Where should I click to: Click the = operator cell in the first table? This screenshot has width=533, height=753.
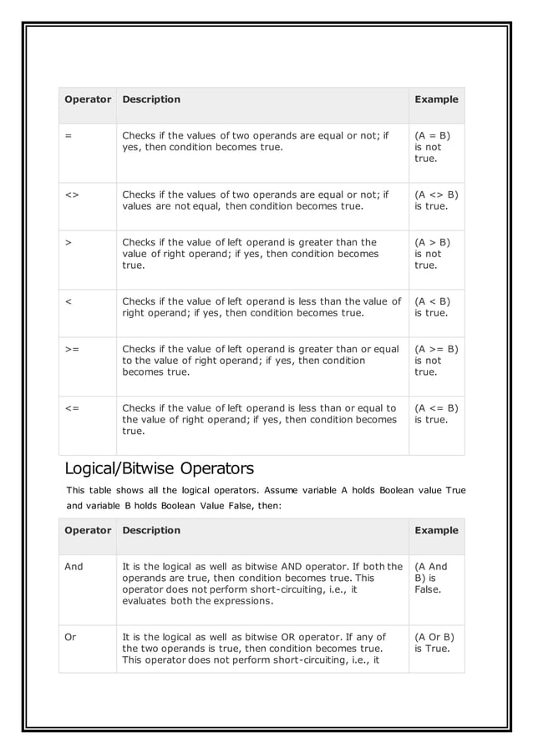pyautogui.click(x=68, y=135)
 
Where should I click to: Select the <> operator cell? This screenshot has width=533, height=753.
pyautogui.click(x=71, y=195)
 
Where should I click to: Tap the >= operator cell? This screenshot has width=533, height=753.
pyautogui.click(x=71, y=349)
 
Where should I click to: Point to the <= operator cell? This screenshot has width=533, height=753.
pyautogui.click(x=71, y=408)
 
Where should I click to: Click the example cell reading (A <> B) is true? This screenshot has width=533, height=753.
pyautogui.click(x=436, y=200)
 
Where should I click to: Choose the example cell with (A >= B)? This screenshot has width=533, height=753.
pyautogui.click(x=436, y=361)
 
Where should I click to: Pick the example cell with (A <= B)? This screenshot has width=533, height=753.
pyautogui.click(x=436, y=414)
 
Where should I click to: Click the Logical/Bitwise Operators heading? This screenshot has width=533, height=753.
pyautogui.click(x=160, y=468)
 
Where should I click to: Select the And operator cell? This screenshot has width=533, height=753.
pyautogui.click(x=74, y=566)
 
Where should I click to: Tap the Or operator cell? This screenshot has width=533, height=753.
pyautogui.click(x=70, y=637)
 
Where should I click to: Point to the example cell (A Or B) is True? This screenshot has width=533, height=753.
pyautogui.click(x=434, y=643)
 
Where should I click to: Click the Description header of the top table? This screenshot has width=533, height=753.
pyautogui.click(x=151, y=99)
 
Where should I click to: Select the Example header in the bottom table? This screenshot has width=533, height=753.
pyautogui.click(x=436, y=530)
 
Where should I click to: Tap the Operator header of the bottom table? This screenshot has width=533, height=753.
pyautogui.click(x=88, y=530)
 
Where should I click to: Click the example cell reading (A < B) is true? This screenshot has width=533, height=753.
pyautogui.click(x=432, y=307)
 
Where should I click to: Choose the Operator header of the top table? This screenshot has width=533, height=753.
pyautogui.click(x=88, y=99)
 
